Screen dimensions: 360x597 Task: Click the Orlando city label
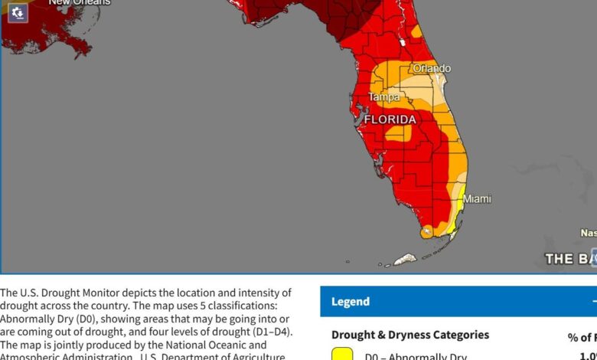click(432, 68)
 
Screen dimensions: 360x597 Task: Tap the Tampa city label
click(383, 97)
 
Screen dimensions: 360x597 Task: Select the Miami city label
click(477, 198)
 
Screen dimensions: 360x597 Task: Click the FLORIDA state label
click(390, 119)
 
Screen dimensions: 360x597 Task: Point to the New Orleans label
click(80, 2)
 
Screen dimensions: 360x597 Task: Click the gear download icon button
click(17, 12)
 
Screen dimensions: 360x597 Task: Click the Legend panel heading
click(351, 302)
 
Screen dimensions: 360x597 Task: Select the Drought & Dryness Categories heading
click(409, 335)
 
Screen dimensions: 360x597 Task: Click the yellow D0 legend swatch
click(342, 354)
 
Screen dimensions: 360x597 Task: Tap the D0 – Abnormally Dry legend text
click(415, 356)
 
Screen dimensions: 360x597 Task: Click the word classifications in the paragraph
click(241, 306)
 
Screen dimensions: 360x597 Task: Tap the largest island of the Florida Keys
click(404, 260)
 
